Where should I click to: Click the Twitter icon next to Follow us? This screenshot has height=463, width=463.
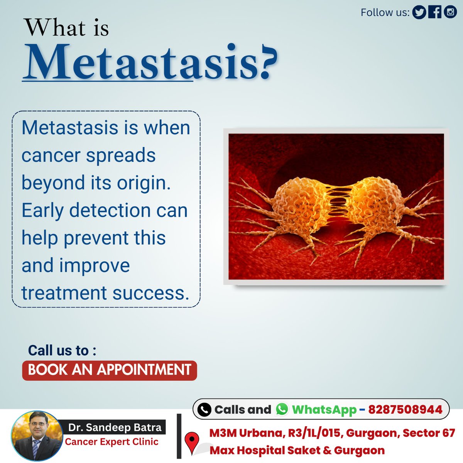[419, 12]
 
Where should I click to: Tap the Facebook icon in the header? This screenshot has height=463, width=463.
[435, 12]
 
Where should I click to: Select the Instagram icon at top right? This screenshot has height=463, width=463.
[450, 12]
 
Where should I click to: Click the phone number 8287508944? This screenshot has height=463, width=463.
[405, 409]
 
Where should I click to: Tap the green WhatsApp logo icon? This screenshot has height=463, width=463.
[282, 409]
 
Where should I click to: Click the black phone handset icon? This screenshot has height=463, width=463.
[204, 409]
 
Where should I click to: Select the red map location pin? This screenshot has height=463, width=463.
[192, 442]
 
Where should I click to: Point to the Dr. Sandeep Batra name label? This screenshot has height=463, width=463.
[115, 428]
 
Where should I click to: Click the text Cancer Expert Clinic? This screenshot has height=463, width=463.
[112, 442]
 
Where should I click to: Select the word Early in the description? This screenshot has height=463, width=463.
[42, 211]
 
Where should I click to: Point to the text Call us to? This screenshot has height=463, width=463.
[62, 350]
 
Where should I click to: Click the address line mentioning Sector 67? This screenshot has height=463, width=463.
[332, 433]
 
